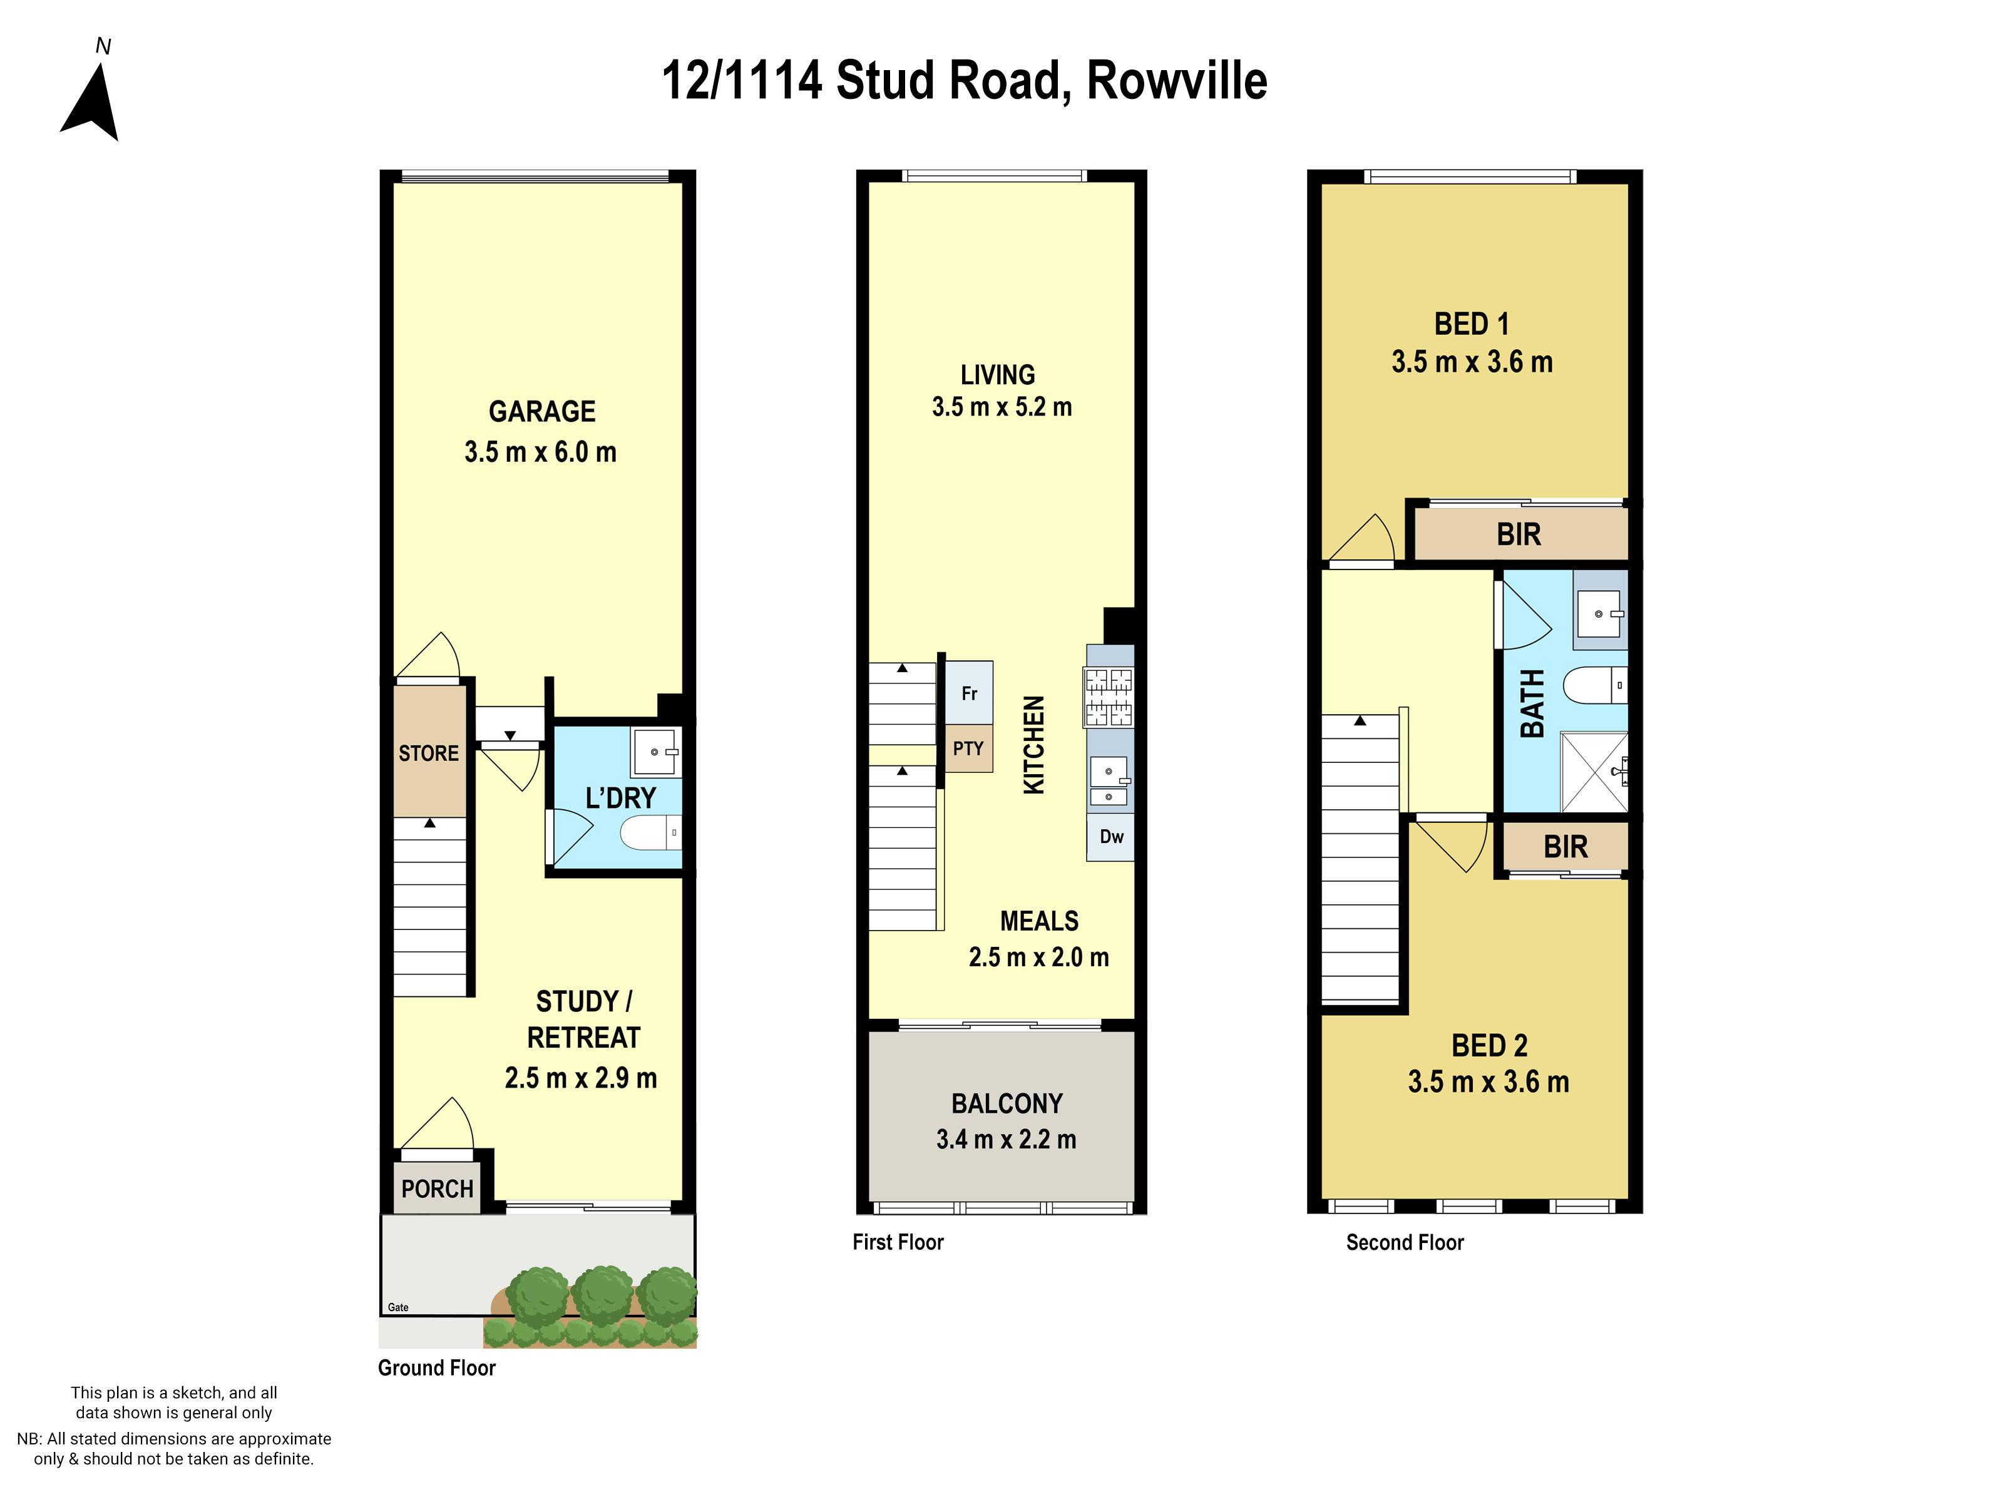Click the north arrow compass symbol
(x=91, y=101)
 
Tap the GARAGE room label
(x=541, y=412)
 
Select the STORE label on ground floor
(x=428, y=754)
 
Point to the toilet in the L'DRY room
(x=650, y=833)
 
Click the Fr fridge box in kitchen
(x=969, y=693)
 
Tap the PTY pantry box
(x=968, y=748)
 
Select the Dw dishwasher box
(x=1111, y=837)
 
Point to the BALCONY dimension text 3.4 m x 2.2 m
(x=1006, y=1139)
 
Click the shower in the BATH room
(x=1594, y=772)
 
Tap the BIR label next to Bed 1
(x=1519, y=535)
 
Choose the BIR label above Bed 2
(x=1565, y=847)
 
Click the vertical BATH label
(x=1531, y=703)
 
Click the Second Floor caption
(x=1405, y=1242)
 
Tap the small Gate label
(x=397, y=1307)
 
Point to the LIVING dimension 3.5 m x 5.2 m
(x=1001, y=407)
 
